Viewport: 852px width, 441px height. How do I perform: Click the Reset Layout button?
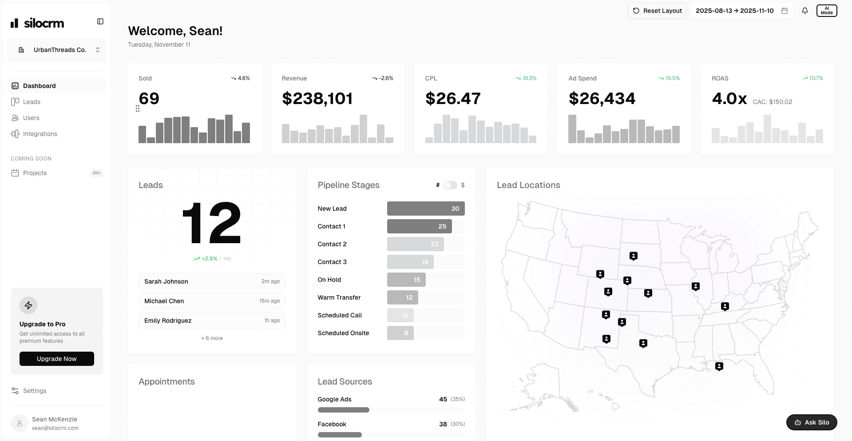click(x=657, y=11)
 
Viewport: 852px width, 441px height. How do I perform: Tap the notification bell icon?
click(x=805, y=11)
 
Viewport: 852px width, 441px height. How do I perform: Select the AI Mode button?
click(x=826, y=11)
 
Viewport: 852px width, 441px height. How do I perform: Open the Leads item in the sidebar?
click(x=32, y=102)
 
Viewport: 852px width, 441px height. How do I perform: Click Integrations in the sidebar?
click(x=40, y=134)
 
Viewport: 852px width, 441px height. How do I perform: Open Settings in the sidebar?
click(x=35, y=391)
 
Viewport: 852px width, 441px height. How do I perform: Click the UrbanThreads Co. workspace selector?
click(x=57, y=50)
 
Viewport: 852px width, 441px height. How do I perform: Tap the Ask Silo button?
click(x=811, y=422)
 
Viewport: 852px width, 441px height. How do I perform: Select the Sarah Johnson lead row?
click(x=212, y=281)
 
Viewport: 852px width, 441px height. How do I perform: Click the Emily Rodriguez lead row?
click(x=212, y=321)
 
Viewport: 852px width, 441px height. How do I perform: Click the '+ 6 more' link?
click(x=212, y=338)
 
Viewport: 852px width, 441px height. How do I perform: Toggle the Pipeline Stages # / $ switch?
click(x=450, y=185)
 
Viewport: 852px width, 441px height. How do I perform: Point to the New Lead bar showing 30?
click(x=425, y=208)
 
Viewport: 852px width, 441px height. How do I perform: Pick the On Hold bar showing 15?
click(x=406, y=280)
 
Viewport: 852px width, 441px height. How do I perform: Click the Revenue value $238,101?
click(x=317, y=99)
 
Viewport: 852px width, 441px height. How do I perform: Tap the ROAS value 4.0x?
click(x=729, y=99)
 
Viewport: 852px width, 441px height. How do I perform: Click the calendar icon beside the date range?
click(x=785, y=11)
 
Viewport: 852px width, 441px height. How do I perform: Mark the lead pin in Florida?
click(x=719, y=366)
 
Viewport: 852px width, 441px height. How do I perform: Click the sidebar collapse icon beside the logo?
click(x=100, y=21)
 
